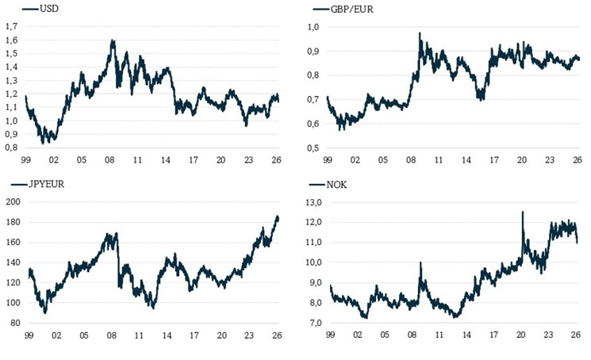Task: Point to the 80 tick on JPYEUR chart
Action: (13, 323)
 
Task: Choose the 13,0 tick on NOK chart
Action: (311, 202)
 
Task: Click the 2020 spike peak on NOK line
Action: (523, 212)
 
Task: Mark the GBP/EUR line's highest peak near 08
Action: (420, 33)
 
